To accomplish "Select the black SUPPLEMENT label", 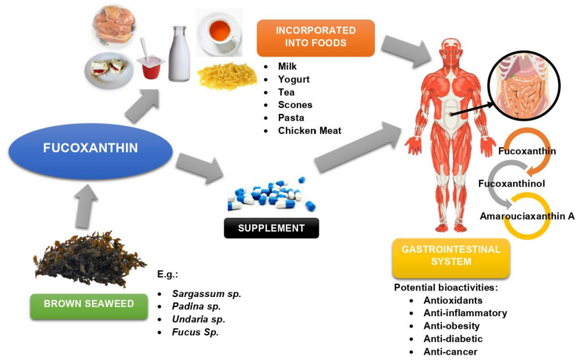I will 271,228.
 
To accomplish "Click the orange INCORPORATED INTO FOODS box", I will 315,37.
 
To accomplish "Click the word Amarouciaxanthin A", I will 527,216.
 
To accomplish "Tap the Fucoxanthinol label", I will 511,184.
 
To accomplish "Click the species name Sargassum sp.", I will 206,294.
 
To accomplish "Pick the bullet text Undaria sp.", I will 199,319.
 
